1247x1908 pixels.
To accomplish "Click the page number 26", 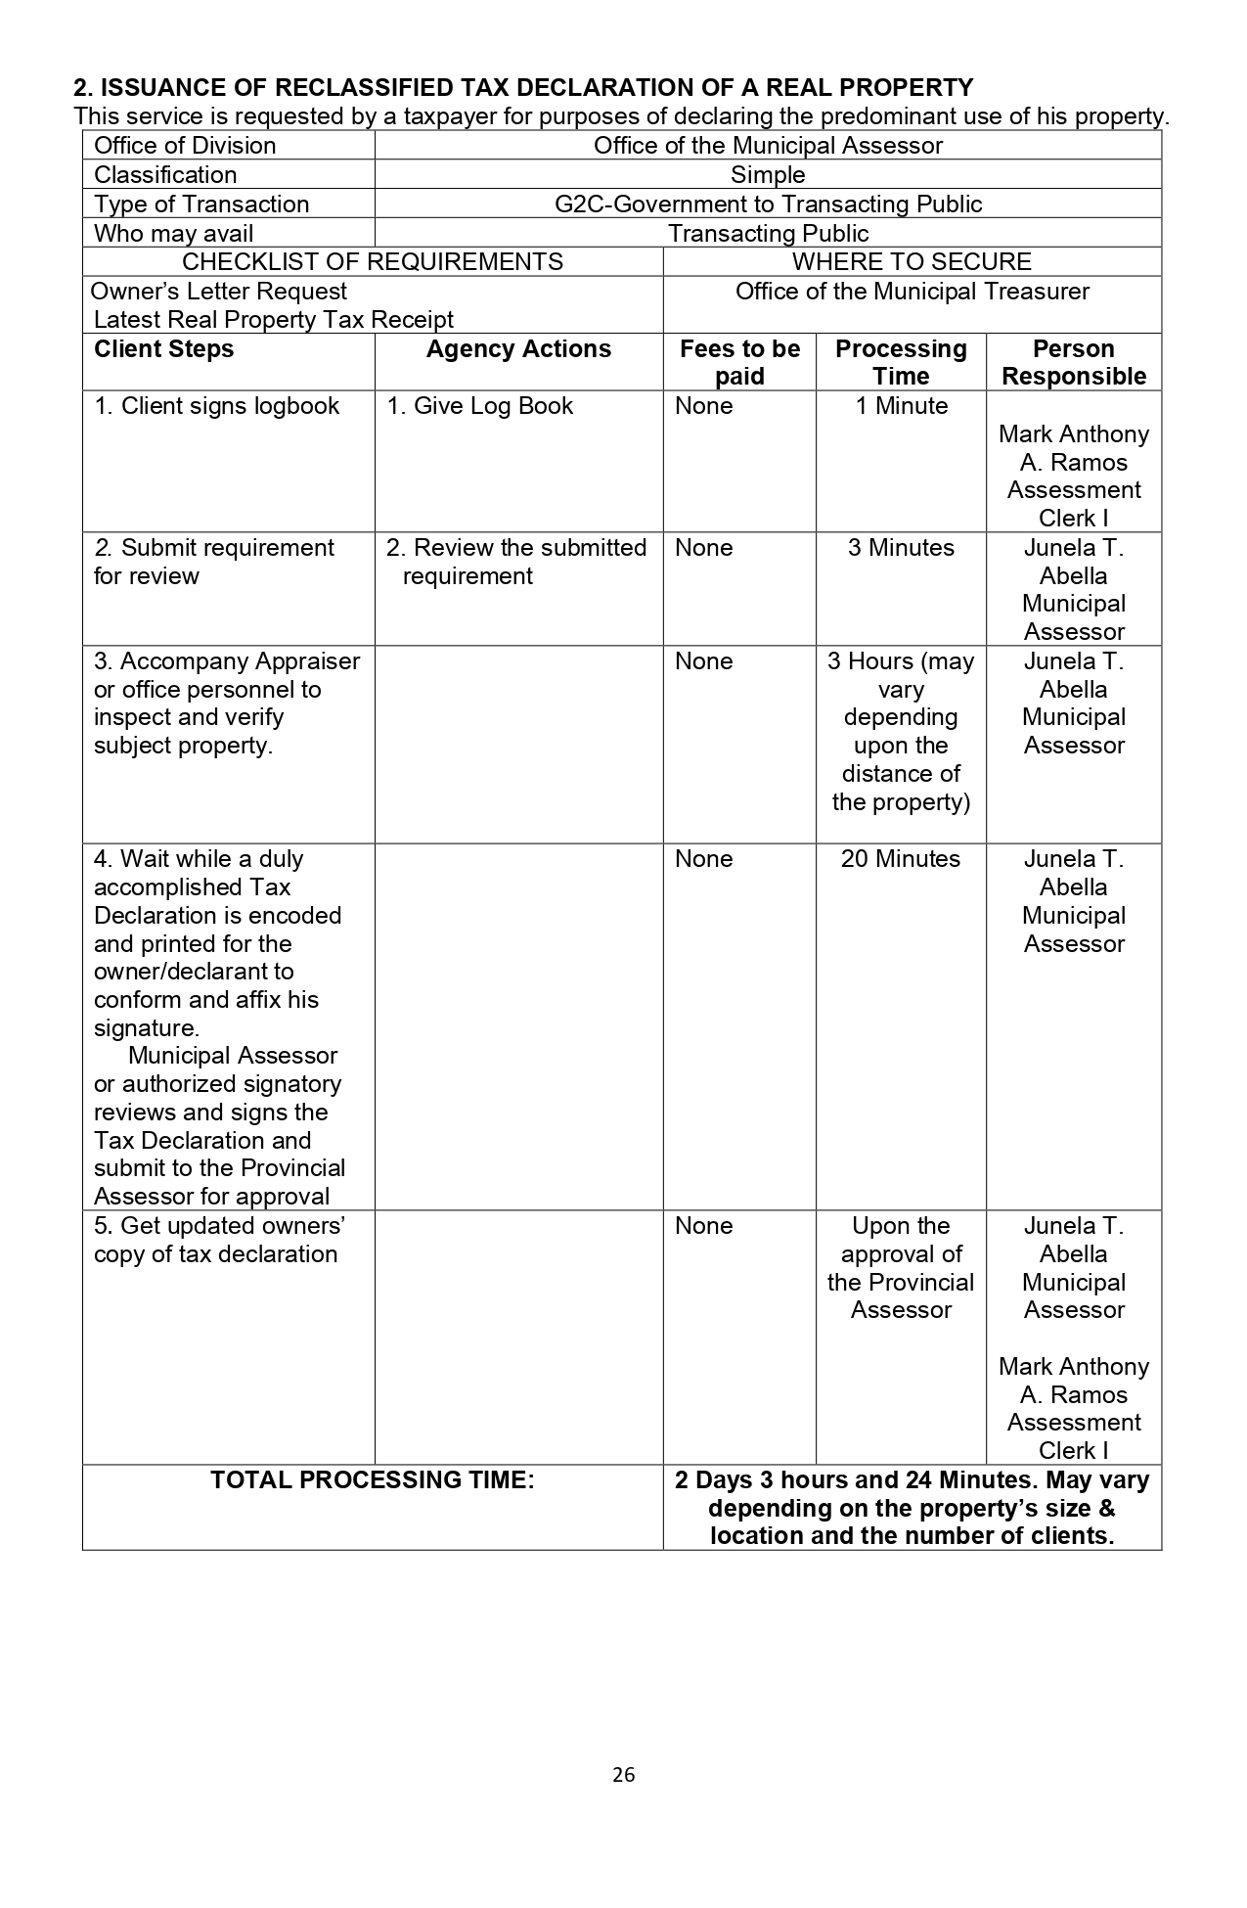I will coord(624,1774).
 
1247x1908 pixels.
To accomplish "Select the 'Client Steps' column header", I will coord(163,349).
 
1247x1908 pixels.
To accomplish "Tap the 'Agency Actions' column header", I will coord(518,349).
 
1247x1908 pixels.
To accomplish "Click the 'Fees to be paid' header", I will coord(739,362).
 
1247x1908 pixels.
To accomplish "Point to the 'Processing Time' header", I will coord(901,362).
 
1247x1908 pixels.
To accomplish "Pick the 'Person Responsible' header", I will coord(1074,362).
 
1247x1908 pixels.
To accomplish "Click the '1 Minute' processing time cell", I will coord(901,406).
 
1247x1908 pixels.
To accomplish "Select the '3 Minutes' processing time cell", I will coord(901,548).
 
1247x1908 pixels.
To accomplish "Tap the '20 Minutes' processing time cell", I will coord(901,859).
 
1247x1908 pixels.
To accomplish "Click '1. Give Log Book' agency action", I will coord(479,406).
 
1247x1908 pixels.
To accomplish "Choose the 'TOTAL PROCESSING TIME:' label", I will coord(373,1480).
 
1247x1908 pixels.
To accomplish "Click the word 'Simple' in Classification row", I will coord(768,175).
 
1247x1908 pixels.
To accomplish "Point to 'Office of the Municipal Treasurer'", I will coord(912,292).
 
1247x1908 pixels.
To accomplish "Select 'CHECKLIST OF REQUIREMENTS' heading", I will coord(373,262).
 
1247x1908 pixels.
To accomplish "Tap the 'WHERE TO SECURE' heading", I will coord(912,262).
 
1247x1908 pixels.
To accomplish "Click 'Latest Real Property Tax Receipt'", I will coord(274,320).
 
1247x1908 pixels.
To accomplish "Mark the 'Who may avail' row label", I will coord(173,234).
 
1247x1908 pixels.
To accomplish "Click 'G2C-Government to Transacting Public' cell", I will coord(768,204).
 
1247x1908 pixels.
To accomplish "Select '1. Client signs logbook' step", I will coord(216,406).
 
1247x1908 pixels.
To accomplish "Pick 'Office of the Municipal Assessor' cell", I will coord(768,146).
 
